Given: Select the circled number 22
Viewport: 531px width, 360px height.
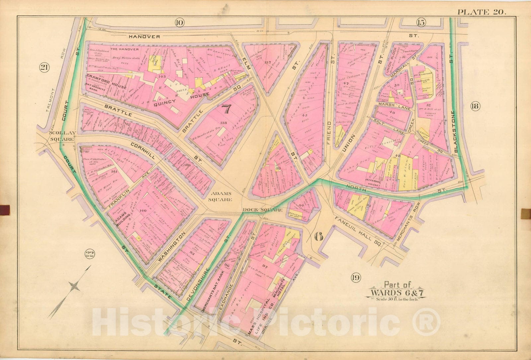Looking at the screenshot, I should pyautogui.click(x=89, y=254).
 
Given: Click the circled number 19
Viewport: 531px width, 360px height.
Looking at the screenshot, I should pyautogui.click(x=356, y=278).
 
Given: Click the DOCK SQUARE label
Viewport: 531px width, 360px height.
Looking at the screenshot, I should pyautogui.click(x=262, y=210).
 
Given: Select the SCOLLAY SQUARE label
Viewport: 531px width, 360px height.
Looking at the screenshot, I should pyautogui.click(x=61, y=136).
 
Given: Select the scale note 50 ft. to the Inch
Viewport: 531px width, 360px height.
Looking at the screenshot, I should pyautogui.click(x=397, y=299).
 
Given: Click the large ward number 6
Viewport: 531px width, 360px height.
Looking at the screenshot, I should pyautogui.click(x=319, y=236).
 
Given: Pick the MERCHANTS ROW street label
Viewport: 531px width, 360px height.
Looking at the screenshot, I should pyautogui.click(x=408, y=226).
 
